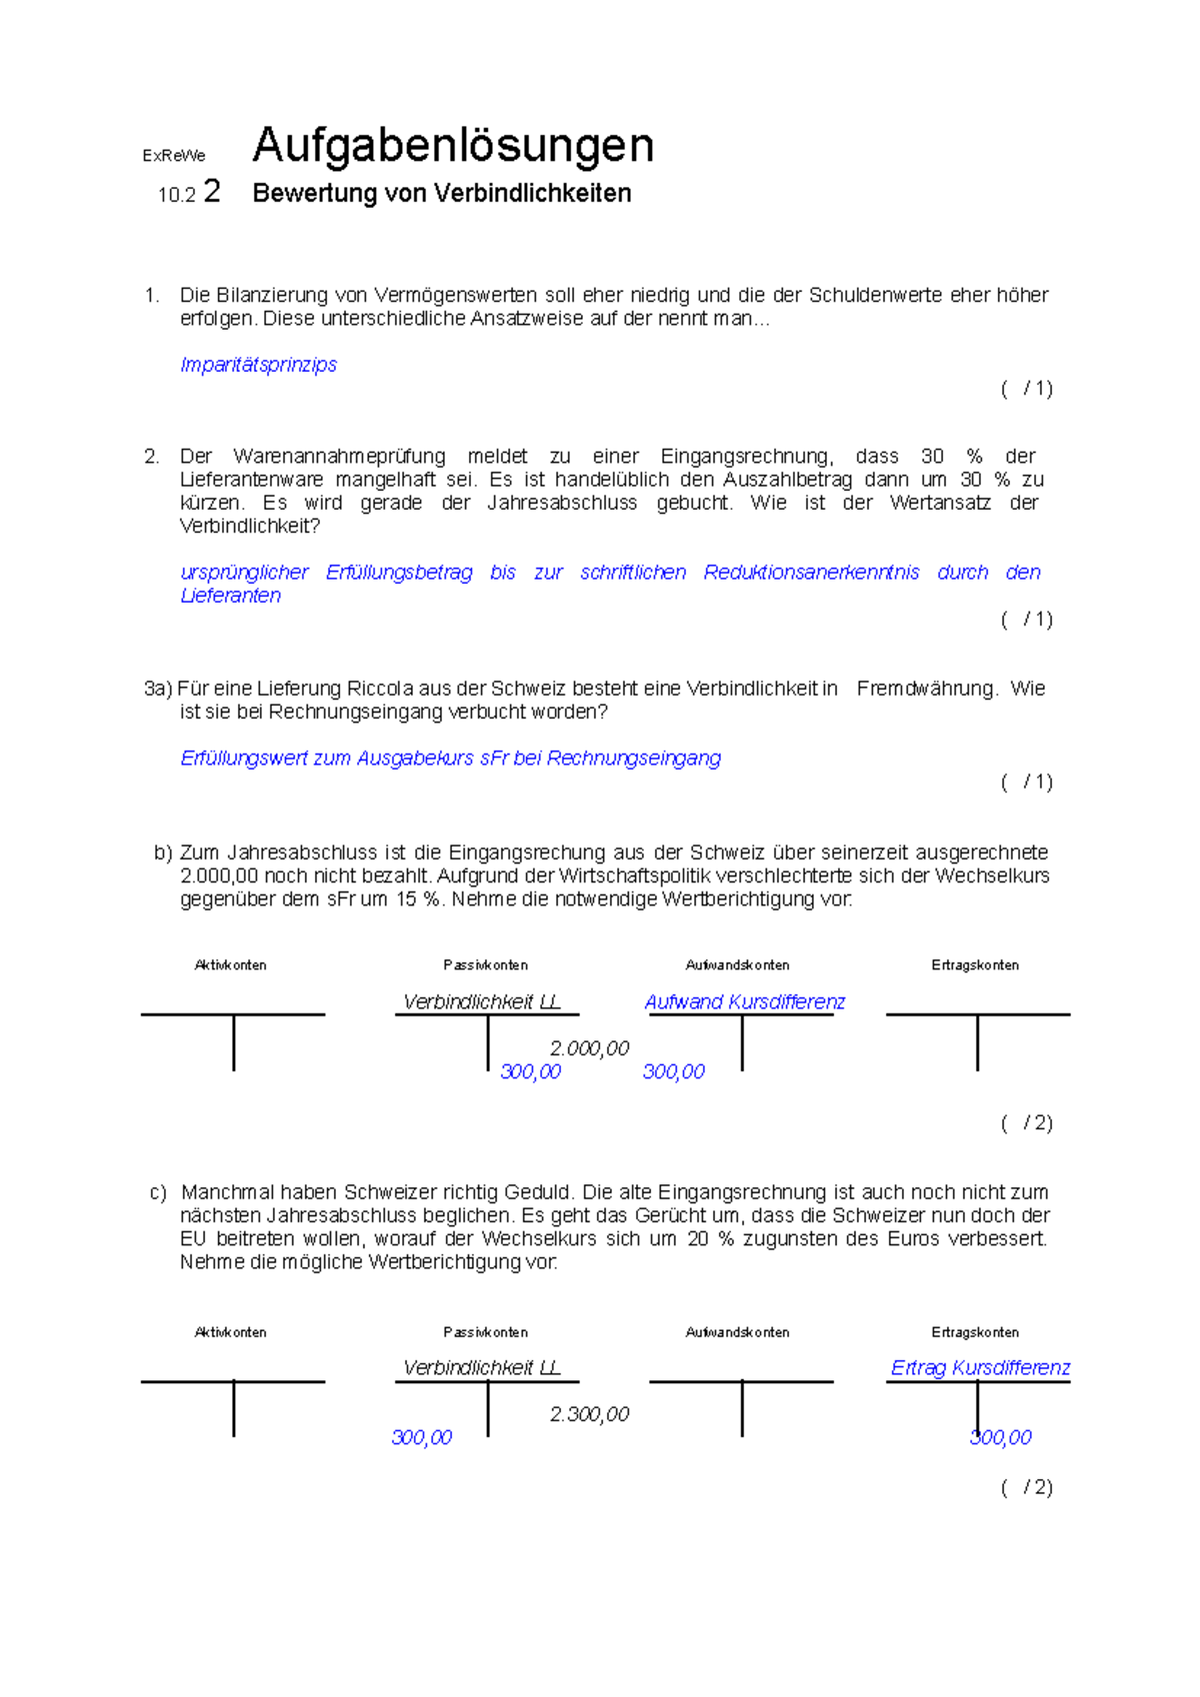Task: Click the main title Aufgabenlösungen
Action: pyautogui.click(x=453, y=147)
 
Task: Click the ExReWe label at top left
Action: pyautogui.click(x=173, y=156)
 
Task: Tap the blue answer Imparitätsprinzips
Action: pyautogui.click(x=258, y=365)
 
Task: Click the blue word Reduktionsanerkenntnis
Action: pyautogui.click(x=811, y=573)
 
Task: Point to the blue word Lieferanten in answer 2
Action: pyautogui.click(x=230, y=596)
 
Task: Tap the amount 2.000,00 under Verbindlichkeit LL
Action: pyautogui.click(x=589, y=1048)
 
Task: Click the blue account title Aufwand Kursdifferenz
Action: pyautogui.click(x=745, y=1002)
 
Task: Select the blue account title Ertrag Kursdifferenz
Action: pyautogui.click(x=980, y=1368)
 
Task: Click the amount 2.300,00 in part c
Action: pyautogui.click(x=589, y=1414)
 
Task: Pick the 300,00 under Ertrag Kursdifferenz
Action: pyautogui.click(x=1001, y=1437)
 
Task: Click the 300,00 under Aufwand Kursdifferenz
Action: pyautogui.click(x=673, y=1071)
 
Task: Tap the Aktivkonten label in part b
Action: pyautogui.click(x=231, y=965)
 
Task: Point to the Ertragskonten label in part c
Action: pyautogui.click(x=975, y=1332)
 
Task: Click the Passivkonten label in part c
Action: pyautogui.click(x=485, y=1332)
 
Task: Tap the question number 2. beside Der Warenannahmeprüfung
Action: pyautogui.click(x=152, y=457)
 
